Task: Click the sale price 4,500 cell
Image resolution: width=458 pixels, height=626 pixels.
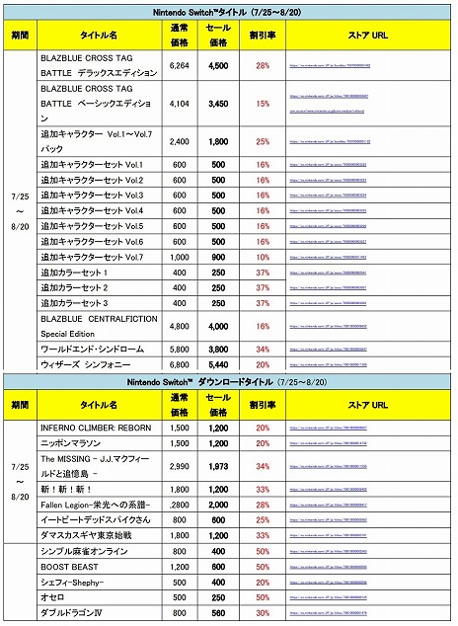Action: click(218, 64)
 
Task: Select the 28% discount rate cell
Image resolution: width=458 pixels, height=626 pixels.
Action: click(264, 64)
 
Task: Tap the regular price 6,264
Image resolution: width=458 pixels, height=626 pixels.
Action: click(179, 64)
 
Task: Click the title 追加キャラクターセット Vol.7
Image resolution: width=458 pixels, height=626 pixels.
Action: click(92, 257)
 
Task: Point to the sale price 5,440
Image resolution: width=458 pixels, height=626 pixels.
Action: click(218, 364)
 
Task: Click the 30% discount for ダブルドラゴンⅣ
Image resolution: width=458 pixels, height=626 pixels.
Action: click(264, 613)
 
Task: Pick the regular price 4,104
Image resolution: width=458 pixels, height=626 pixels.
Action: click(179, 102)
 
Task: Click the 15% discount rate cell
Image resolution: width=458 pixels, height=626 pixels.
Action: click(264, 102)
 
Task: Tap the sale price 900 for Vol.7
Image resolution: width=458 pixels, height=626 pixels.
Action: click(218, 257)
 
